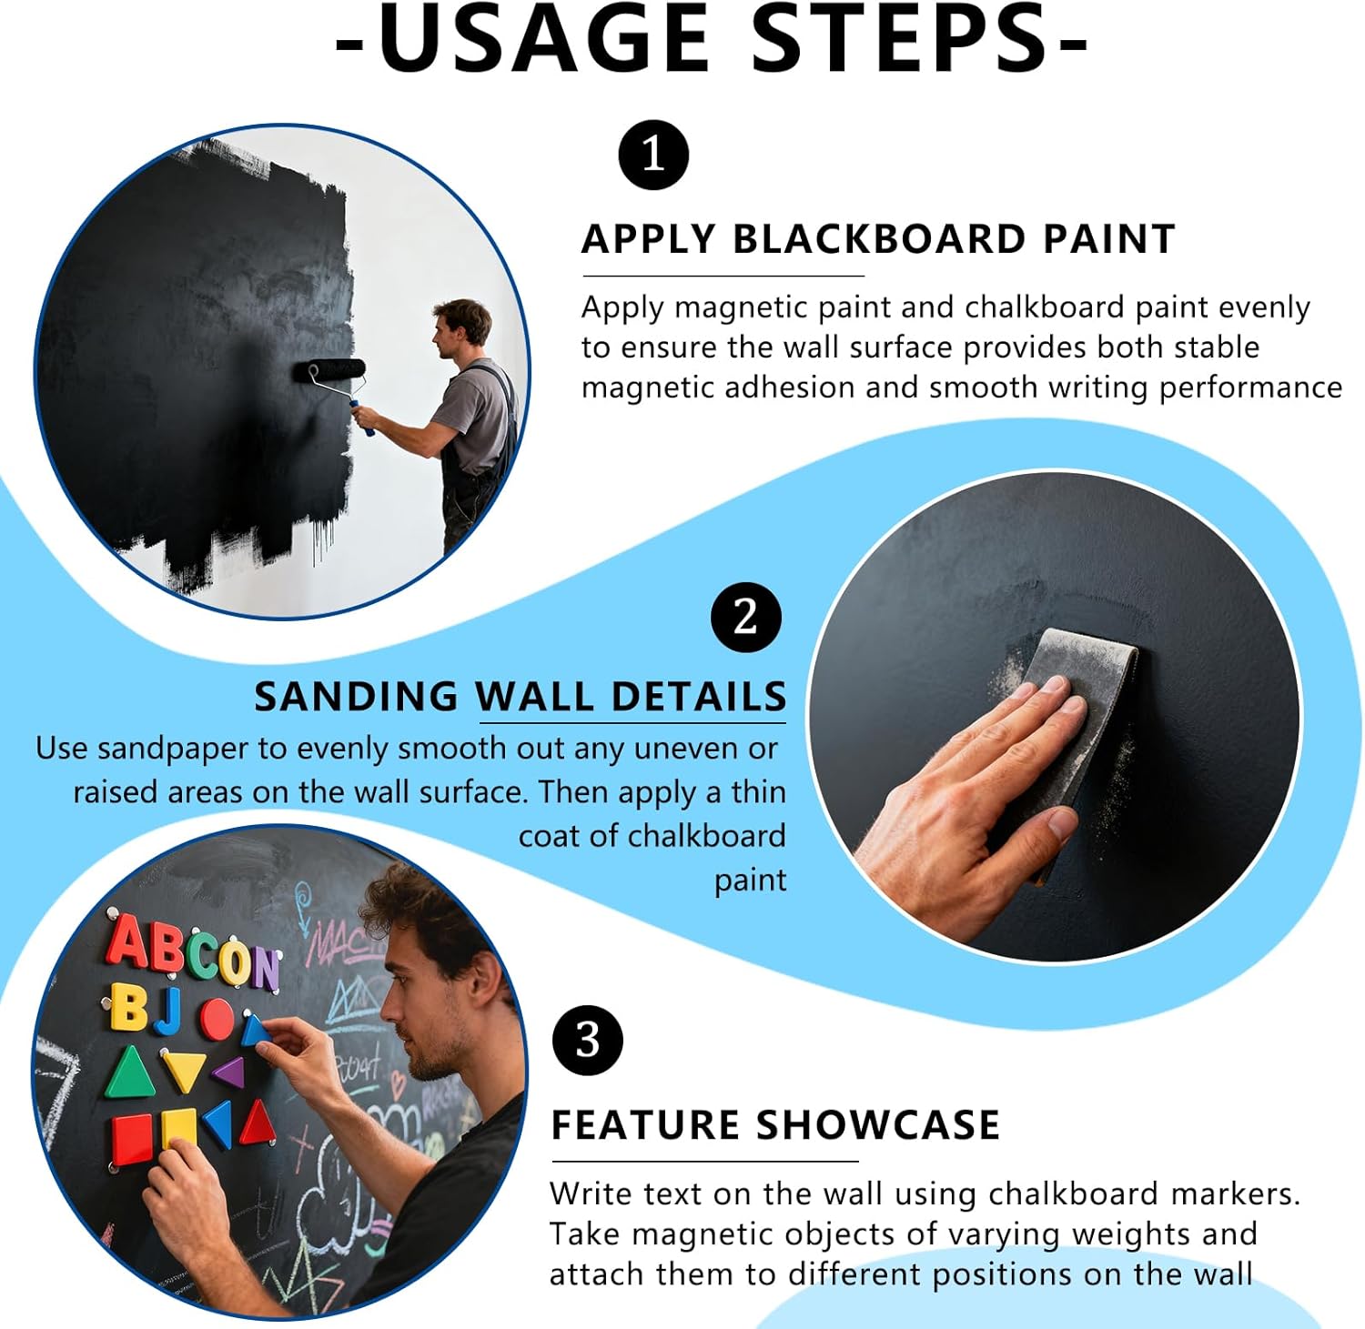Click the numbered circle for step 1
[653, 155]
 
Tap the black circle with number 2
[745, 618]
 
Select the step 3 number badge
[588, 1040]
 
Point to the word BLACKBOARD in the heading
[878, 239]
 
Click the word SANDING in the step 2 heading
[356, 697]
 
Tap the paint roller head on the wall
[329, 371]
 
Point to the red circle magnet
[217, 1019]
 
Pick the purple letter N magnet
[266, 969]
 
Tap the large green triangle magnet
[130, 1074]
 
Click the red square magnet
[133, 1139]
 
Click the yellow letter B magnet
[128, 1008]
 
